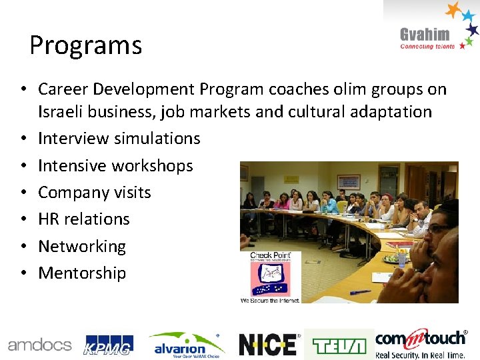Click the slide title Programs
pyautogui.click(x=85, y=45)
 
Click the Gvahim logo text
pyautogui.click(x=425, y=35)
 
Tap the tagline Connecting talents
pyautogui.click(x=427, y=47)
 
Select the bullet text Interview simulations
pyautogui.click(x=119, y=139)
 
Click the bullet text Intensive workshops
pyautogui.click(x=115, y=165)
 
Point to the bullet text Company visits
pyautogui.click(x=95, y=193)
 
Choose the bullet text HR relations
pyautogui.click(x=84, y=219)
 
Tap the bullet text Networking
pyautogui.click(x=82, y=246)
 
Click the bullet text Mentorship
pyautogui.click(x=82, y=273)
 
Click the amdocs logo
pyautogui.click(x=39, y=345)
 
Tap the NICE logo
pyautogui.click(x=268, y=345)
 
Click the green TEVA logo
pyautogui.click(x=339, y=345)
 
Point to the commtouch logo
pyautogui.click(x=421, y=343)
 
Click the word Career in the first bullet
pyautogui.click(x=61, y=89)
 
